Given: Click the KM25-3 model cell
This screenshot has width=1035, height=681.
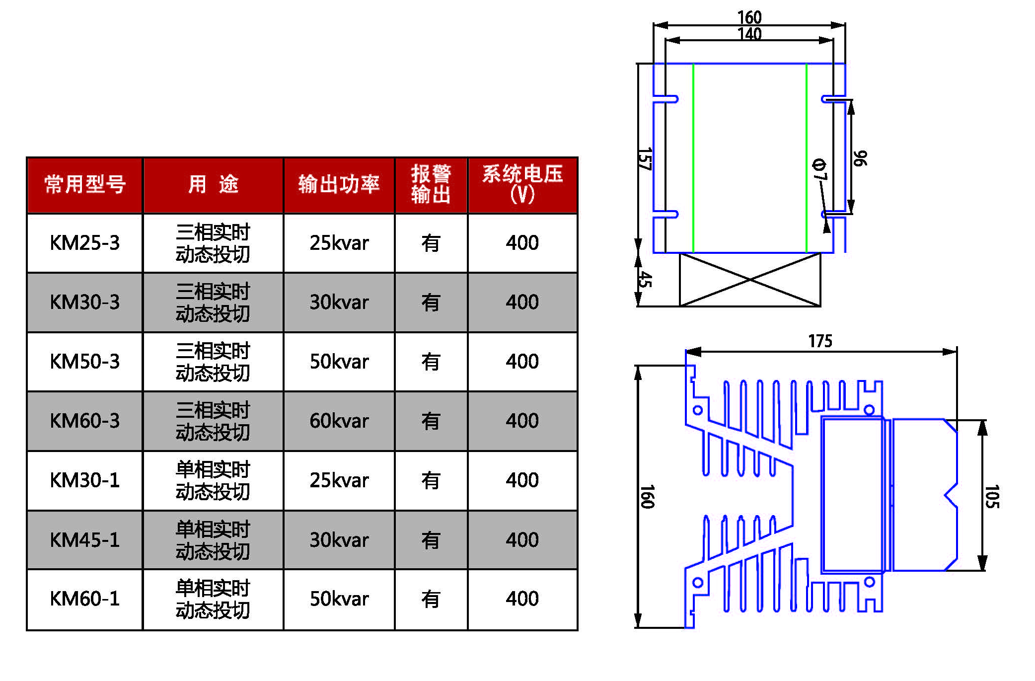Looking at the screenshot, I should (x=85, y=243).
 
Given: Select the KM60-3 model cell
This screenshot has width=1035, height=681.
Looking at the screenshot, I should (x=85, y=421).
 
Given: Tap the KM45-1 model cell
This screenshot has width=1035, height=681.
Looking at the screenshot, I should (x=85, y=540).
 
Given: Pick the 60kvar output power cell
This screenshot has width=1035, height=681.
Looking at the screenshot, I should (x=339, y=421).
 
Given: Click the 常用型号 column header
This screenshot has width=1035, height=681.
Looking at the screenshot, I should (x=85, y=184).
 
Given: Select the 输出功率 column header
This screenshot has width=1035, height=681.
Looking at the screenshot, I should (x=339, y=184).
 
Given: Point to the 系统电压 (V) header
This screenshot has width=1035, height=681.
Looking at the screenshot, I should (x=522, y=184).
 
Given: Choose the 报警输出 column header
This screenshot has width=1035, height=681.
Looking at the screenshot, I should (x=431, y=184).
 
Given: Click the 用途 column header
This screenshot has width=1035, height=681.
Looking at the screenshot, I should (x=213, y=184).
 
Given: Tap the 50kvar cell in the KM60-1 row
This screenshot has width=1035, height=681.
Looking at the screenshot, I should (x=339, y=599).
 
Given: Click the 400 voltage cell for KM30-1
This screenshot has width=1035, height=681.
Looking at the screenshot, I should (x=522, y=480).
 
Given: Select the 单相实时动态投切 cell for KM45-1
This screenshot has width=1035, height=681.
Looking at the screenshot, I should (x=213, y=540).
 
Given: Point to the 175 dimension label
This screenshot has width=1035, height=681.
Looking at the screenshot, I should (x=820, y=341).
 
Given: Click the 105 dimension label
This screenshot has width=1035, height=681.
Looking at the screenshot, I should (x=991, y=497).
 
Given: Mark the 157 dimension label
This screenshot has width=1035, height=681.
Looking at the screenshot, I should (x=644, y=159).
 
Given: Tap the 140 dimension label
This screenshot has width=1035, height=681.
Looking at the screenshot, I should (x=749, y=34).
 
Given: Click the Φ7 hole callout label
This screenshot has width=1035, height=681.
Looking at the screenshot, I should (x=819, y=170).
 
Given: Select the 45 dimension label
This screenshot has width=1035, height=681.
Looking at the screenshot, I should (x=644, y=279).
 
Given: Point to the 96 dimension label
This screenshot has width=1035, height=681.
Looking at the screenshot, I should (x=860, y=158).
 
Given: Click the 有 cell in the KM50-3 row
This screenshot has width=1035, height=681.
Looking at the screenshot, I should (x=431, y=362).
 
